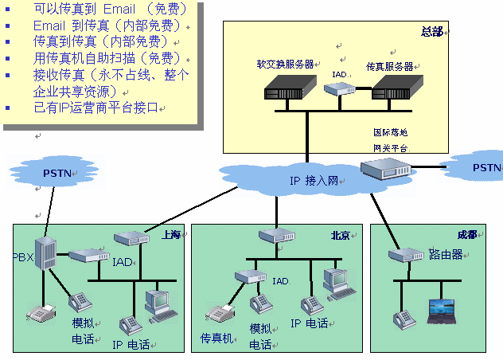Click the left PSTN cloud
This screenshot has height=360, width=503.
(x=57, y=171)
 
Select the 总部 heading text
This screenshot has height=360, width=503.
(x=431, y=31)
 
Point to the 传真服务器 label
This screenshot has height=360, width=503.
(x=389, y=66)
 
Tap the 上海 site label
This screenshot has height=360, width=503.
(x=170, y=234)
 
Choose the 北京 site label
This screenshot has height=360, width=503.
(x=341, y=235)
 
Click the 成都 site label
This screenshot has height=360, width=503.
(x=466, y=235)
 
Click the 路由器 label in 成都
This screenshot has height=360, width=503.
(x=446, y=255)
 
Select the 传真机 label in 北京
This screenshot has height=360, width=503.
(x=216, y=338)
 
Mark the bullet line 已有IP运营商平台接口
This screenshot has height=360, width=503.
(x=96, y=107)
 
